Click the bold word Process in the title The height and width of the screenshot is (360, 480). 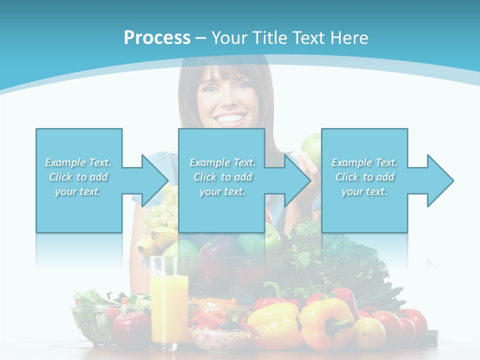(157, 38)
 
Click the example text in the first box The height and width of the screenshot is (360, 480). (78, 177)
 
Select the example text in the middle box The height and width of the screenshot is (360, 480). (222, 177)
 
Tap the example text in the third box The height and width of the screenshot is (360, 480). (364, 177)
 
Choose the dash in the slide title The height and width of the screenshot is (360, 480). (201, 38)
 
